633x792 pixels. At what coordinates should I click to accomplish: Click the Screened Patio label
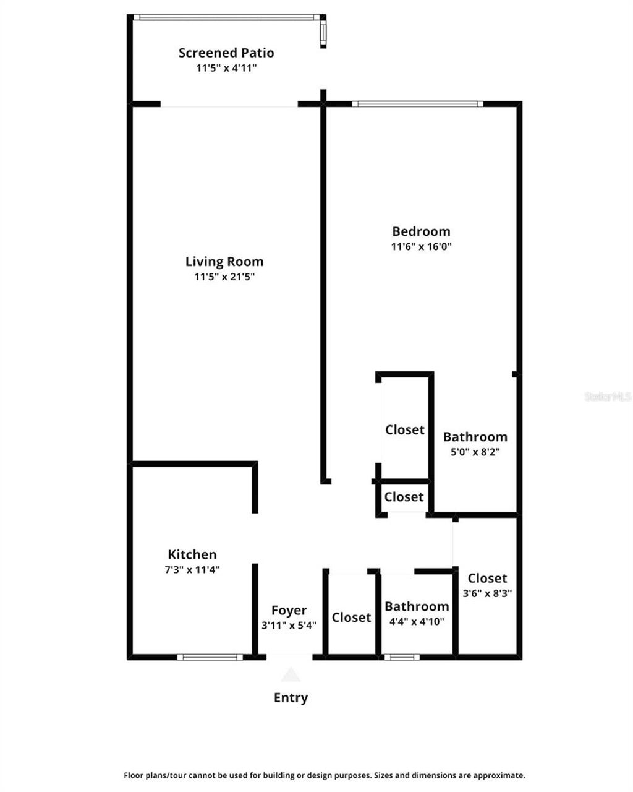click(x=226, y=53)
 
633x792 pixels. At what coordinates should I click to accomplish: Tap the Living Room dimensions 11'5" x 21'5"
click(x=224, y=277)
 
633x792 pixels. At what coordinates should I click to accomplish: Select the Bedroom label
click(x=421, y=231)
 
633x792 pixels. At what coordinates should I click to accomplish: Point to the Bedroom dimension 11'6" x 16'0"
click(x=421, y=247)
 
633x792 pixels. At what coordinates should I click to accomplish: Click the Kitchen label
click(x=192, y=554)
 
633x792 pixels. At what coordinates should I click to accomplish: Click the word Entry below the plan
click(x=291, y=698)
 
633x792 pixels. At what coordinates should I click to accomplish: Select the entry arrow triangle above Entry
click(x=291, y=674)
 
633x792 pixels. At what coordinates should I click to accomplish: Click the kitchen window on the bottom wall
click(x=210, y=657)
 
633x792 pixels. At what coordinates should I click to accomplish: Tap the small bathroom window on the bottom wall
click(x=402, y=657)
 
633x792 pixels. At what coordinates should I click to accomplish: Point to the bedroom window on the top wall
click(x=417, y=104)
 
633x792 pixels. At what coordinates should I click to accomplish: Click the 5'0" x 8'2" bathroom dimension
click(x=475, y=452)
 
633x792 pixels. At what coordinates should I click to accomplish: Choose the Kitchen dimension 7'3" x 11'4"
click(x=192, y=570)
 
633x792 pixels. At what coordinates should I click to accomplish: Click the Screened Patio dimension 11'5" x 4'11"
click(x=226, y=69)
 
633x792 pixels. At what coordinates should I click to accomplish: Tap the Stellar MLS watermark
click(x=608, y=397)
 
